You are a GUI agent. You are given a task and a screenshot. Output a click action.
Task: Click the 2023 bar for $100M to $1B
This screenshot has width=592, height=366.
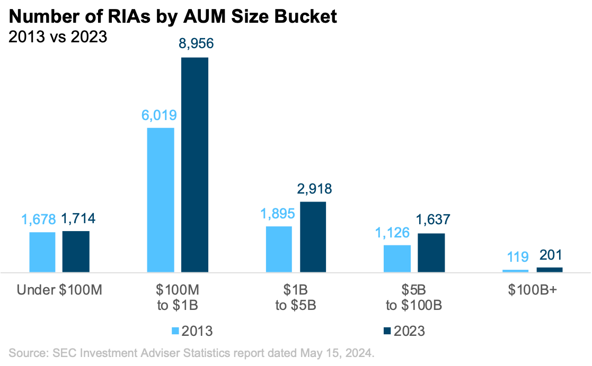(x=195, y=164)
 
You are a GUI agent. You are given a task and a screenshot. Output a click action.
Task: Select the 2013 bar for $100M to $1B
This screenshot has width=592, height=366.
(x=160, y=199)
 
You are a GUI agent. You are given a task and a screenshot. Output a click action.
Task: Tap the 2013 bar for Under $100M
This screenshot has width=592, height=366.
(x=42, y=252)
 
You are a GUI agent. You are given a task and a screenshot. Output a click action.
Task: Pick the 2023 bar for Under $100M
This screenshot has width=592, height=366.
(x=76, y=251)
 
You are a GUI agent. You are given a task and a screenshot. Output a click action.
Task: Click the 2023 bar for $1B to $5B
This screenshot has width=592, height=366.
(x=313, y=236)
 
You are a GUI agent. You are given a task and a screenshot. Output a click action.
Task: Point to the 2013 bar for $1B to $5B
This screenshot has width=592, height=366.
(x=279, y=249)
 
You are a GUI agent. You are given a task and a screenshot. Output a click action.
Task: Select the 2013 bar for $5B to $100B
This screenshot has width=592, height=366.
(x=397, y=258)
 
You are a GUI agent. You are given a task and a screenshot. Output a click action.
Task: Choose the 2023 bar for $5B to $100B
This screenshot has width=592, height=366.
(x=431, y=252)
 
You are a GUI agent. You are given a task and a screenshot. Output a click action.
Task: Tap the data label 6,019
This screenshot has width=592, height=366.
(x=160, y=115)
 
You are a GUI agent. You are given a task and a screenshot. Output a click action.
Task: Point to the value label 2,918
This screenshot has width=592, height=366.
(x=314, y=189)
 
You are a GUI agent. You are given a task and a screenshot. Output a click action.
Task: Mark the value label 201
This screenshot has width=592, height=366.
(x=550, y=255)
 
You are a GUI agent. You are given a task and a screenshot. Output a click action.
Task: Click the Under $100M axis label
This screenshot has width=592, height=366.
(x=59, y=290)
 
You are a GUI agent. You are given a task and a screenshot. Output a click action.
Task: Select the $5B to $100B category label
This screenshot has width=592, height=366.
(x=414, y=298)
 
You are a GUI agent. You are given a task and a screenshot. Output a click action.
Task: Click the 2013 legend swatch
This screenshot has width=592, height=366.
(x=175, y=331)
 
